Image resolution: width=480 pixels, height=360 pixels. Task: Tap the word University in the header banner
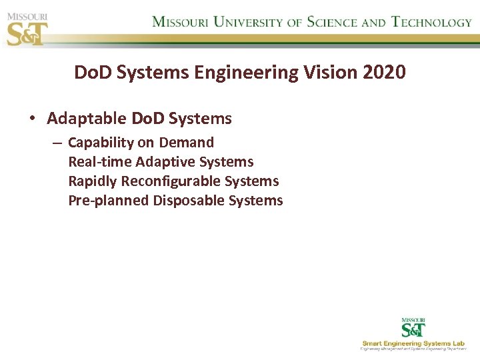[246, 21]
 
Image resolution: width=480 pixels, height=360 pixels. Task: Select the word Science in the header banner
[332, 21]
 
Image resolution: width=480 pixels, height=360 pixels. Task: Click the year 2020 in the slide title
[384, 72]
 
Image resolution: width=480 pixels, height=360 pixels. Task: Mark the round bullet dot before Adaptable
[32, 119]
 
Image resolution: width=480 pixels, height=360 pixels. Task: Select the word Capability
[101, 143]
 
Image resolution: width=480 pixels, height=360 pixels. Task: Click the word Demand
[187, 143]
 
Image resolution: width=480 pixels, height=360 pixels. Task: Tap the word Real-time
[99, 162]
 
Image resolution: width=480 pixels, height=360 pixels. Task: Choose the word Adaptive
[165, 162]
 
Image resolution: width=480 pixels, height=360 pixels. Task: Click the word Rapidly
[93, 181]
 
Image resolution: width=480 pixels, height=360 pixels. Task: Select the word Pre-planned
[109, 201]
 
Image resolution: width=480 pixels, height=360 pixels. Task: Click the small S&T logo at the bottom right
[413, 328]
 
